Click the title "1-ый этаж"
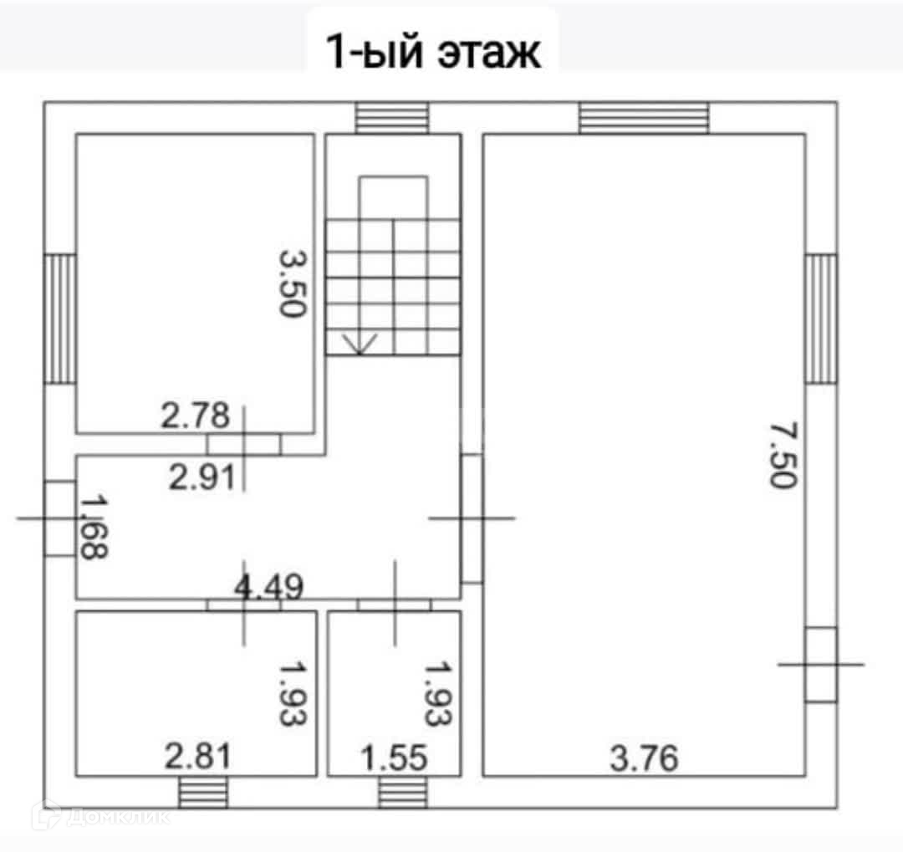coord(434,51)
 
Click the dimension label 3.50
coord(293,283)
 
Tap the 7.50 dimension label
coord(784,455)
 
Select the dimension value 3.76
coord(645,758)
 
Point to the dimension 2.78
coord(195,416)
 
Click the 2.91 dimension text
coord(202,477)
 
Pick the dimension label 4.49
coord(269,587)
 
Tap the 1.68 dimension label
coord(94,527)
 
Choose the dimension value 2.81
coord(197,757)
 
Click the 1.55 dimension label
coord(395,758)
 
